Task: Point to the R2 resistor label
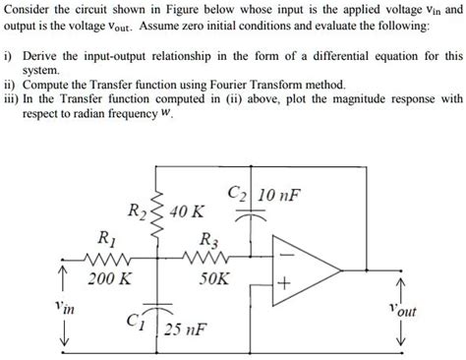click(x=139, y=210)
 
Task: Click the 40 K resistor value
click(x=187, y=211)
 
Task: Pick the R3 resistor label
click(x=209, y=238)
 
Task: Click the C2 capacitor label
click(x=238, y=193)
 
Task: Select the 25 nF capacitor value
click(x=187, y=329)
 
